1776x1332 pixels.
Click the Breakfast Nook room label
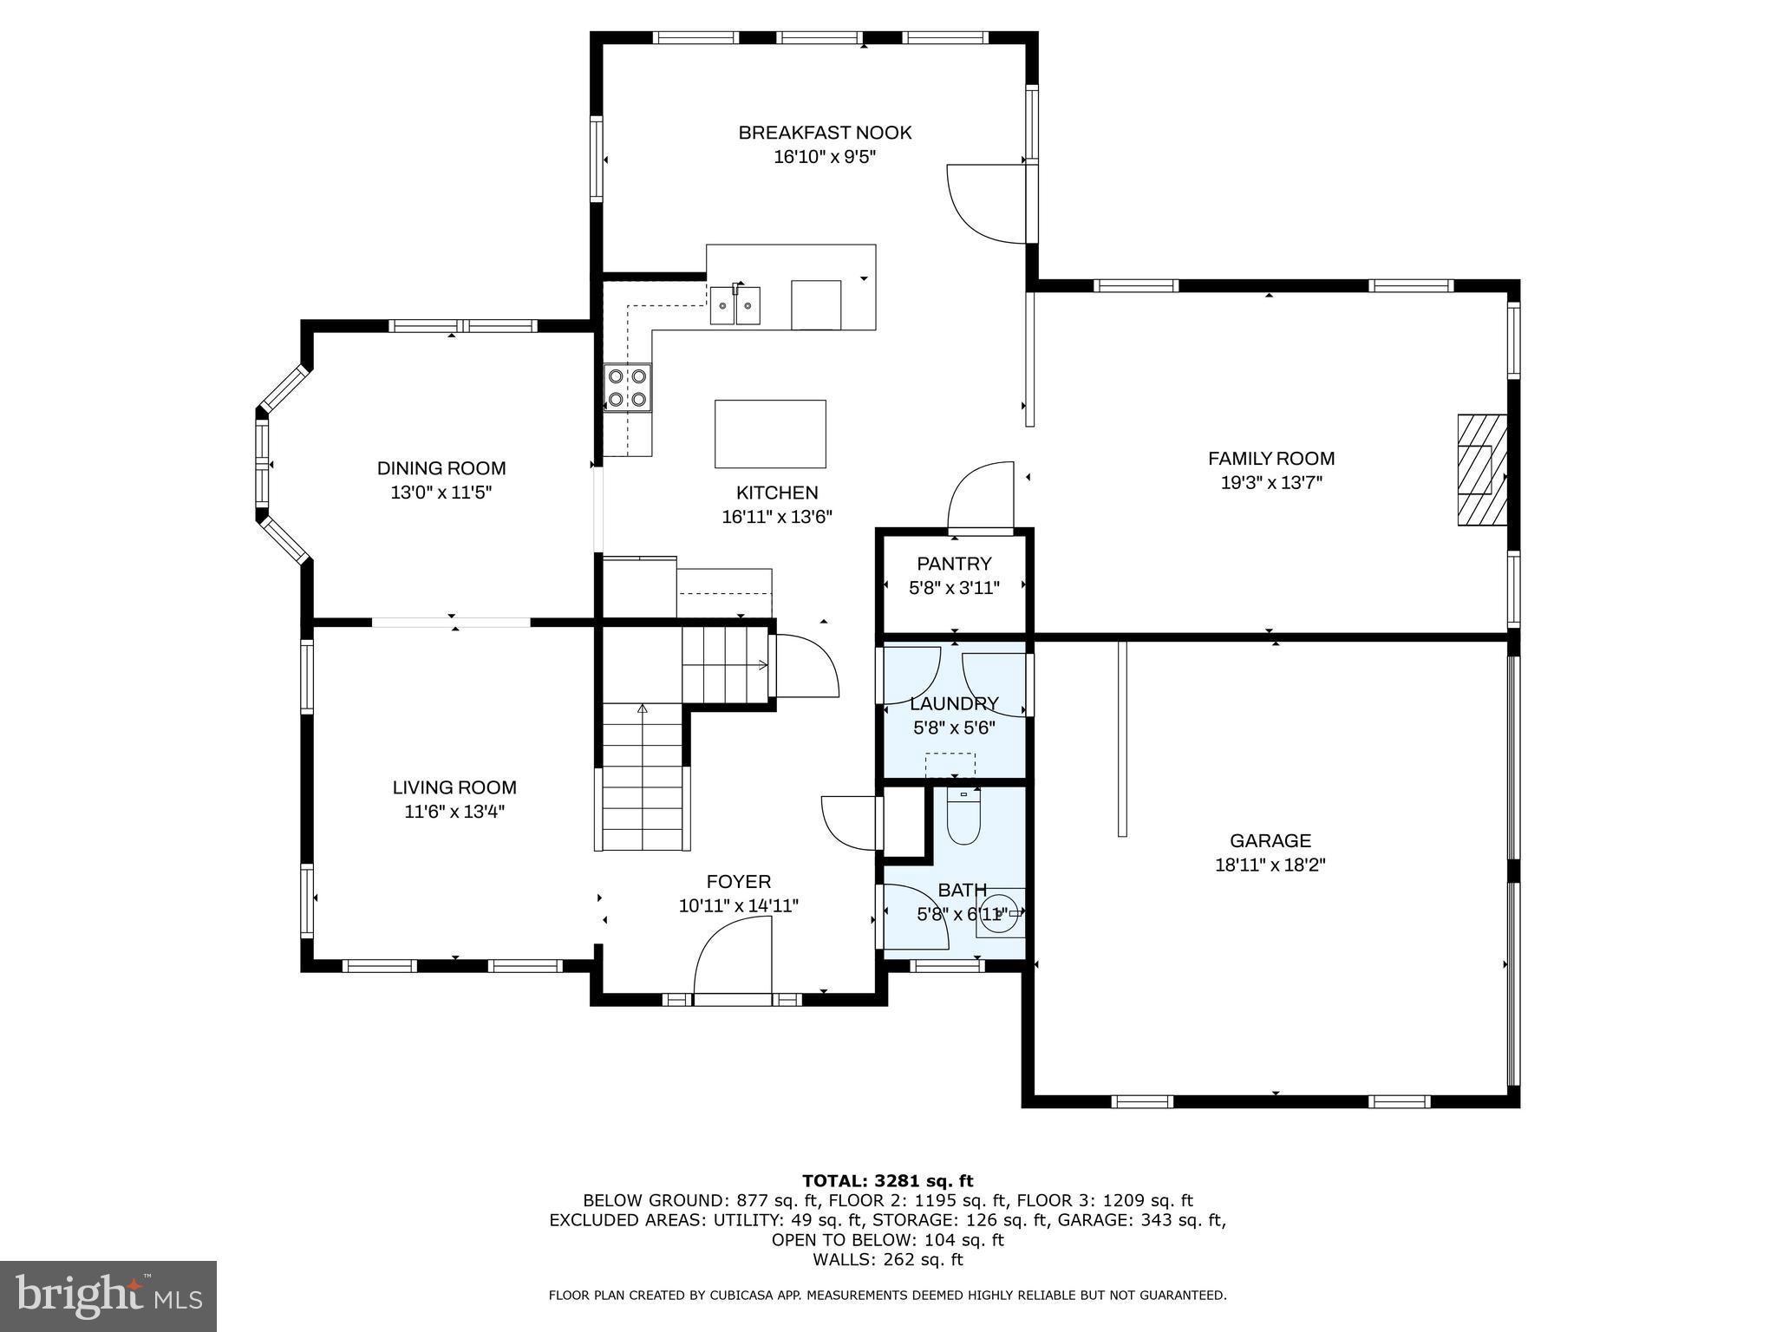(x=825, y=133)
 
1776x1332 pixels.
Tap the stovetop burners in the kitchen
(x=628, y=388)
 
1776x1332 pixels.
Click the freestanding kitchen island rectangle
(x=769, y=434)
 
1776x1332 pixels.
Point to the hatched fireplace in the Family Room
(x=1481, y=471)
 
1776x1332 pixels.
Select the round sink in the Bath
(x=1000, y=912)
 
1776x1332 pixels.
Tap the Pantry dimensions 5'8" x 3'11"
(x=954, y=588)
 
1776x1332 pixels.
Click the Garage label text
(x=1270, y=840)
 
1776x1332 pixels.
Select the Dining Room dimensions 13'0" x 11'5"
(x=441, y=493)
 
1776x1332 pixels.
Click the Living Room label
(x=454, y=787)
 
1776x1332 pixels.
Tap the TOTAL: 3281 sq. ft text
(x=887, y=1181)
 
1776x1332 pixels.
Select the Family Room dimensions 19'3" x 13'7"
(x=1271, y=483)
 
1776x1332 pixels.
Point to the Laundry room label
(x=954, y=703)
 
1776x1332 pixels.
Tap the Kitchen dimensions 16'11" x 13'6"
(x=777, y=517)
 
